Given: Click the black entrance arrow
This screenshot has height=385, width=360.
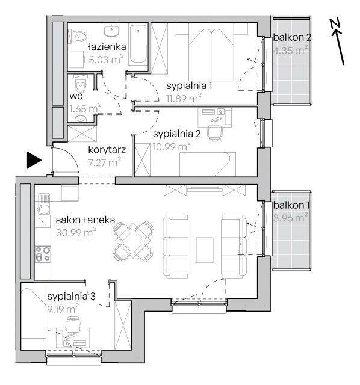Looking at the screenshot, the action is pos(34,160).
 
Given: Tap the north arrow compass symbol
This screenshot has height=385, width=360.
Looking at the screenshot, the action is pos(338,41).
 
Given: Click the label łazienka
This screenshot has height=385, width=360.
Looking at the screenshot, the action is pos(107,46).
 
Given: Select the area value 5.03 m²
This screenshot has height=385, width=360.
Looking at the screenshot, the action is pos(106,59).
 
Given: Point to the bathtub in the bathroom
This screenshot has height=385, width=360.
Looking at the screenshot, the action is pos(138,43).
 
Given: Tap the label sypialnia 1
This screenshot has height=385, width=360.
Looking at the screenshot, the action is pos(189,85).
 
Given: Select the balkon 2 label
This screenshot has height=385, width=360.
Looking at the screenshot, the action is pos(292,37).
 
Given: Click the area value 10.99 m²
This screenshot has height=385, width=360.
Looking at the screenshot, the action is pos(172,147).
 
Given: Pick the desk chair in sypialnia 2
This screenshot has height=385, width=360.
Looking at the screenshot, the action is pos(214,133).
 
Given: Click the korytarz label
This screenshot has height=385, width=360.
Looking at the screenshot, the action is pos(107,150).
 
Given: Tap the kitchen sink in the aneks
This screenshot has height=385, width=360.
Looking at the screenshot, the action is pos(43,203).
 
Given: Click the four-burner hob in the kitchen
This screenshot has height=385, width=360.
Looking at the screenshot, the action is pos(43,254).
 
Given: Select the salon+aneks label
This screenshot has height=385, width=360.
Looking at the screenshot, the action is pos(85,220).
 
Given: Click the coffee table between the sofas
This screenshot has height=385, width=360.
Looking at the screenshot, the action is pos(205,250).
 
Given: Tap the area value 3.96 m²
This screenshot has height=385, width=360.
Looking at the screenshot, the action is pos(290,218).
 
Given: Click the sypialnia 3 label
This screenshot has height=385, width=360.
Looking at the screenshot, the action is pos(71,296).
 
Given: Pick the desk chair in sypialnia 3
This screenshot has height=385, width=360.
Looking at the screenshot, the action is pos(73,324).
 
